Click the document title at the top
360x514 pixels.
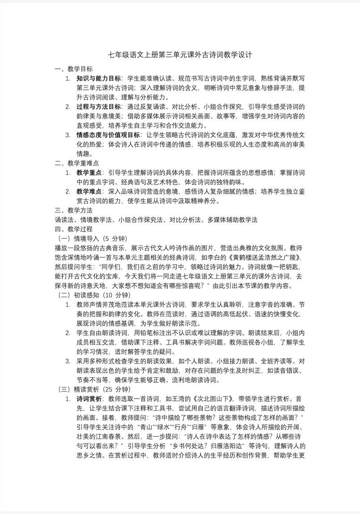[x=180, y=55]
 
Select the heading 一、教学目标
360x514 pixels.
[x=74, y=69]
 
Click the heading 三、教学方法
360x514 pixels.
[x=74, y=210]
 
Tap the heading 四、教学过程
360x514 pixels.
[x=74, y=229]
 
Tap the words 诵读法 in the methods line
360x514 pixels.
[x=64, y=219]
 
